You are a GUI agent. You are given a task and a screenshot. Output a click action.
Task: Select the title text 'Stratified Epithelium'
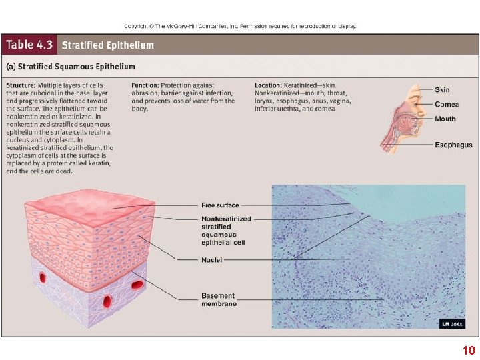[x=107, y=46]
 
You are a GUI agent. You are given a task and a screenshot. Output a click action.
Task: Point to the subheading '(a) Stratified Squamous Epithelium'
[x=71, y=67]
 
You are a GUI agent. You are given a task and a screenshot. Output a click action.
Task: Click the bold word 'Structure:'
[x=21, y=86]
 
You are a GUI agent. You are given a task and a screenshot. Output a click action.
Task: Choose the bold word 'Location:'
[x=269, y=86]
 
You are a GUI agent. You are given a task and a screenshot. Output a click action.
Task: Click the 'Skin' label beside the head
[x=442, y=90]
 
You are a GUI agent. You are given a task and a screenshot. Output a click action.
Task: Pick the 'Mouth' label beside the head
[x=445, y=119]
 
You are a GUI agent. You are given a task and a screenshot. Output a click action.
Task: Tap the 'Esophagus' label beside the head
[x=453, y=145]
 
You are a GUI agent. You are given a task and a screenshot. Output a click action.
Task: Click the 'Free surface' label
[x=220, y=205]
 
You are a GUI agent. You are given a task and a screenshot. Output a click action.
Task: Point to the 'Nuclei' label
[x=212, y=259]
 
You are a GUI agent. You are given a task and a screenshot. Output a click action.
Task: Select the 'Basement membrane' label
[x=219, y=299]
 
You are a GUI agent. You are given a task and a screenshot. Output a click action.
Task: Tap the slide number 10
[x=468, y=351]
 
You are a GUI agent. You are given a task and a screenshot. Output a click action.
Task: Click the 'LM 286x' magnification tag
[x=451, y=324]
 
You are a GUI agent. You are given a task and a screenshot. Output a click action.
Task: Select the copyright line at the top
[x=240, y=26]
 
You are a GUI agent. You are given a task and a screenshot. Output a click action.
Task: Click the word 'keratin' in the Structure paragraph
[x=99, y=163]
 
